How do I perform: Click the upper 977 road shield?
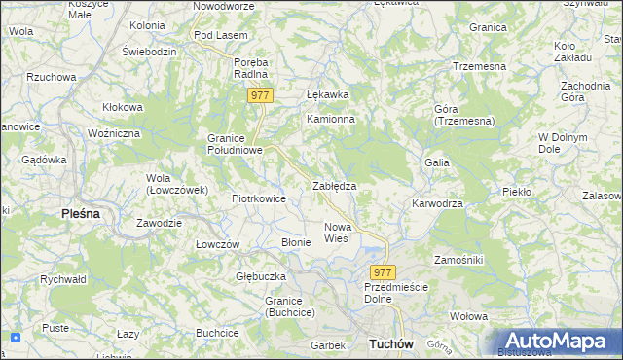pyautogui.click(x=259, y=95)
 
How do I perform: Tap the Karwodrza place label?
pyautogui.click(x=436, y=204)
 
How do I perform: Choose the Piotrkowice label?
pyautogui.click(x=258, y=198)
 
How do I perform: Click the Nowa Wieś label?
pyautogui.click(x=336, y=233)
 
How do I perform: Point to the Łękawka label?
pyautogui.click(x=327, y=95)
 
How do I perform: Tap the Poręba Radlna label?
pyautogui.click(x=250, y=69)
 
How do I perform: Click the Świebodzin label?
pyautogui.click(x=148, y=51)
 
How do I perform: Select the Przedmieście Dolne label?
pyautogui.click(x=394, y=294)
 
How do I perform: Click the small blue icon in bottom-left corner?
pyautogui.click(x=15, y=338)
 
